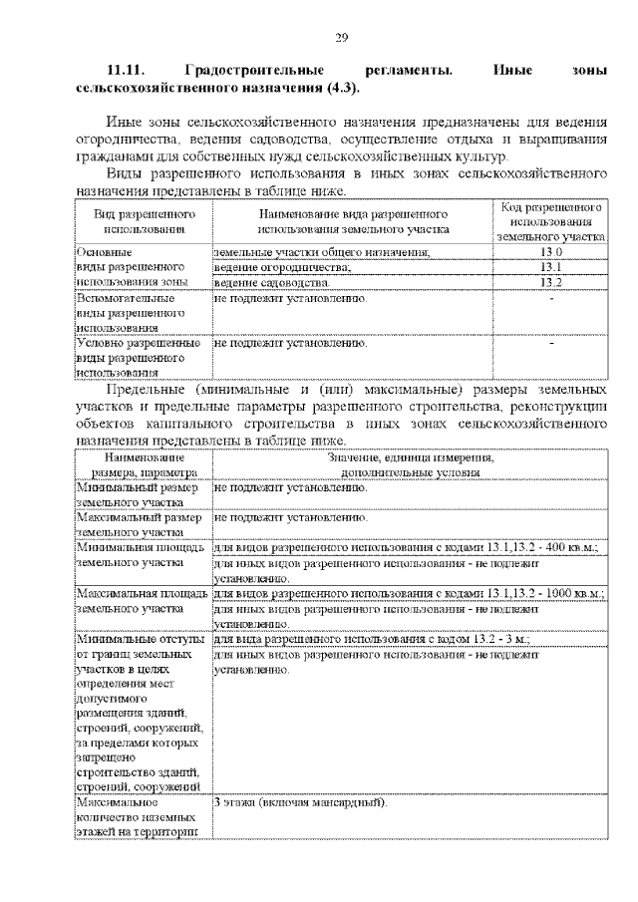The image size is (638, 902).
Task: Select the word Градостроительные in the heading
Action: click(x=253, y=72)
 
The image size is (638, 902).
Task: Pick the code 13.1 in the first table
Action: click(x=551, y=267)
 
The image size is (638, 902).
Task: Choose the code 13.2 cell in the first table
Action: click(x=551, y=282)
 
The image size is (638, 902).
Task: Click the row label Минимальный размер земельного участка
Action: click(x=139, y=495)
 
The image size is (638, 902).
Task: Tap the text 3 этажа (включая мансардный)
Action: click(x=299, y=802)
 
